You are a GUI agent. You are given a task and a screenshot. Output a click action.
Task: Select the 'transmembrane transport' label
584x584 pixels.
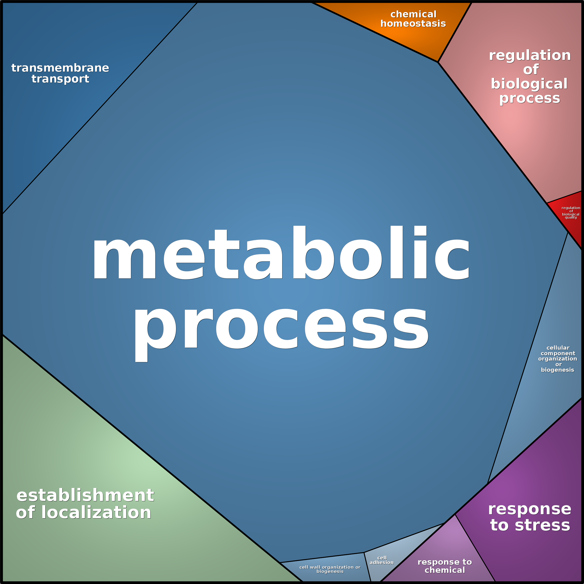pyautogui.click(x=60, y=73)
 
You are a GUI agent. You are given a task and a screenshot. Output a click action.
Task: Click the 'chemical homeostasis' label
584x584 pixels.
pyautogui.click(x=413, y=19)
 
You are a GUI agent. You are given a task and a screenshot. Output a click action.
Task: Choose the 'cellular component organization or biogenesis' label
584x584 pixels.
pyautogui.click(x=558, y=358)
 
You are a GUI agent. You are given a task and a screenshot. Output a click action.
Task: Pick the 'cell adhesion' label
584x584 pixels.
pyautogui.click(x=382, y=560)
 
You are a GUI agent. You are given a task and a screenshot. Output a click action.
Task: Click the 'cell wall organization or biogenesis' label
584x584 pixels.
pyautogui.click(x=330, y=569)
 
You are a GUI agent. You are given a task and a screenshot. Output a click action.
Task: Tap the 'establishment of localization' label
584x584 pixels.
pyautogui.click(x=85, y=504)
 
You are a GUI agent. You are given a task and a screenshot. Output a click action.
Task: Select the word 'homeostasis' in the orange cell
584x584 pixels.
pyautogui.click(x=413, y=23)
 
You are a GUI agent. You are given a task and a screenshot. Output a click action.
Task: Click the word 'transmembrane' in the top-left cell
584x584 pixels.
pyautogui.click(x=60, y=68)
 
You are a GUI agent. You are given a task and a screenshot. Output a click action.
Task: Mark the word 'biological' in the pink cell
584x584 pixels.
pyautogui.click(x=529, y=84)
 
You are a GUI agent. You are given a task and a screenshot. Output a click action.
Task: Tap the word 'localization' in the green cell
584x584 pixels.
pyautogui.click(x=96, y=512)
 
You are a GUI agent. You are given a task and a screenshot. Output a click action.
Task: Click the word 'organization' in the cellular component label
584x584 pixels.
pyautogui.click(x=558, y=359)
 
